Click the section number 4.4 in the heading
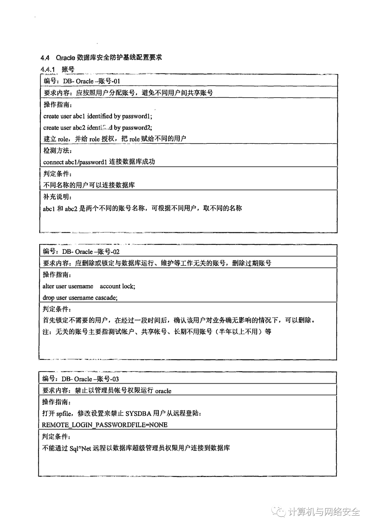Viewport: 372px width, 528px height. [45, 57]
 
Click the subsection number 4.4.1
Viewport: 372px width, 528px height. [48, 69]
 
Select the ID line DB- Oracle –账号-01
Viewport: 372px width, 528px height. [82, 81]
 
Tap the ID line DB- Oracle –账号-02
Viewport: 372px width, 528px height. [81, 252]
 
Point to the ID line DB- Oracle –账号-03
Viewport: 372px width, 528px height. [81, 379]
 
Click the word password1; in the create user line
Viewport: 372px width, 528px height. [137, 116]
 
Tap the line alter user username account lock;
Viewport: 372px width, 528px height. [89, 286]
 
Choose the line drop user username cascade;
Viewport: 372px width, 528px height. [80, 298]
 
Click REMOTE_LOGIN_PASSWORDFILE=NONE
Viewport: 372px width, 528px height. [105, 425]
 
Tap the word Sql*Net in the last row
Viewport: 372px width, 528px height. [80, 448]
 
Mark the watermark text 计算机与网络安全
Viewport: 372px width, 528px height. [324, 512]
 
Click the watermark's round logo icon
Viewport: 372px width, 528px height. [280, 512]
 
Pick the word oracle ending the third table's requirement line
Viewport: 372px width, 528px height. [163, 391]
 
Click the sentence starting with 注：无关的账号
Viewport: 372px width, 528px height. [157, 332]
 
